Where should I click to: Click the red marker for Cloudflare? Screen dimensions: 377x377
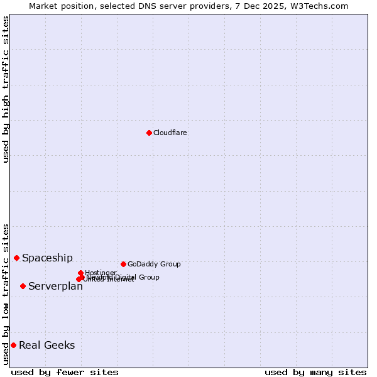point(149,133)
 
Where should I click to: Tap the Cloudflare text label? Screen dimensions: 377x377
point(170,133)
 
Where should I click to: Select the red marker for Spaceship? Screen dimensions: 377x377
point(17,258)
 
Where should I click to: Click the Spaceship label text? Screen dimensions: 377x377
point(47,258)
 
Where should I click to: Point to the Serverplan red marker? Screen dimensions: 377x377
point(23,286)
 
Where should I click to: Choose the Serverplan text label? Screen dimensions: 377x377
point(55,287)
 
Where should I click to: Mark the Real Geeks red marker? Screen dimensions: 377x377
point(13,345)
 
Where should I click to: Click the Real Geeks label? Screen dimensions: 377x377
point(46,345)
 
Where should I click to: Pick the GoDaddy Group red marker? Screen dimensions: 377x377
point(123,264)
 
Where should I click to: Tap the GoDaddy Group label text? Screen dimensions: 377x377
point(154,264)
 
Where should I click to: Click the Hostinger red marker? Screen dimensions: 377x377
point(81,273)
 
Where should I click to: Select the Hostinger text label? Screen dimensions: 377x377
point(101,272)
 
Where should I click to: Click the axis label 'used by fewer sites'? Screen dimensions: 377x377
point(65,372)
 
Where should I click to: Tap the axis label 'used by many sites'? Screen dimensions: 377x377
point(315,372)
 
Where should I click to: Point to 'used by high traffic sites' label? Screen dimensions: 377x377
point(6,89)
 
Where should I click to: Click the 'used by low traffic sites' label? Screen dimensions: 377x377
point(6,293)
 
